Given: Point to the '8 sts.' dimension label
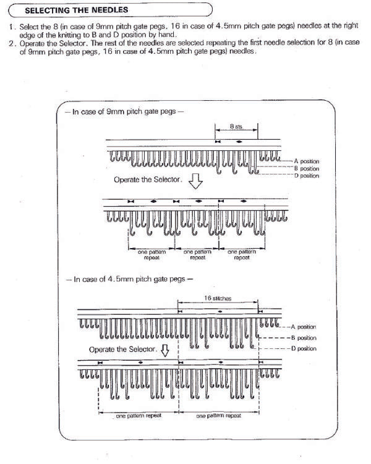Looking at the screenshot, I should pyautogui.click(x=236, y=126).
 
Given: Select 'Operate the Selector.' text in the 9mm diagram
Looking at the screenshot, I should pyautogui.click(x=147, y=180).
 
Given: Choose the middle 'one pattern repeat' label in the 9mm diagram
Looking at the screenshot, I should pyautogui.click(x=197, y=255).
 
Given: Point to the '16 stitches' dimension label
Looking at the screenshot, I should pyautogui.click(x=217, y=298).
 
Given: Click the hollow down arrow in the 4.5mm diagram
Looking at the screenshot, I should pyautogui.click(x=165, y=351).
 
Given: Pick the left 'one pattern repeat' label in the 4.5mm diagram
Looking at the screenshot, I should pyautogui.click(x=139, y=416).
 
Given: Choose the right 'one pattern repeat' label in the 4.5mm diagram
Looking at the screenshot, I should pyautogui.click(x=219, y=416).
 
